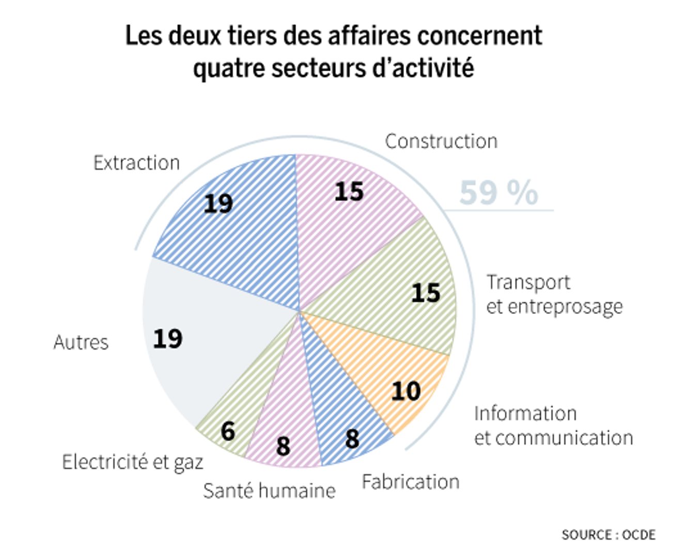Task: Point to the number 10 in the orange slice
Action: click(406, 391)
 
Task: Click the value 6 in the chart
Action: click(228, 431)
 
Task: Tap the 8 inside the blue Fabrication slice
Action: click(352, 439)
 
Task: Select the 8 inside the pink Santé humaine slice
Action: click(283, 446)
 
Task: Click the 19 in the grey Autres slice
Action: click(168, 339)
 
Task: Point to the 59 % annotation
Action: click(498, 193)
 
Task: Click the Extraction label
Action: click(136, 163)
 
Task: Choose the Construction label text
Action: click(441, 141)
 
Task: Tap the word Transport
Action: click(528, 282)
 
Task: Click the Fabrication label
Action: click(410, 482)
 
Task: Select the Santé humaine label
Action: click(269, 491)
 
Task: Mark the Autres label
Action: click(81, 342)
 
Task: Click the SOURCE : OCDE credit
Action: click(609, 534)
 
